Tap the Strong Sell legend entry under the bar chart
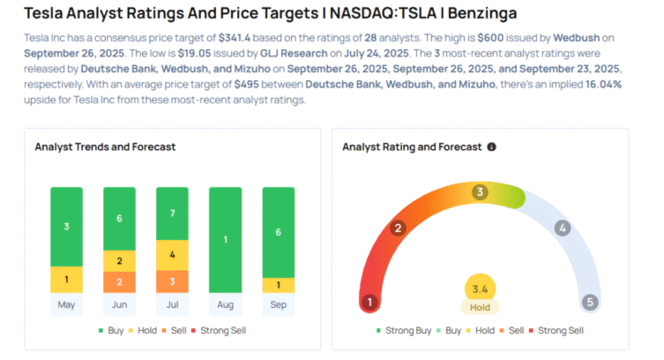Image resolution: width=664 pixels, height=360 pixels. pos(222,330)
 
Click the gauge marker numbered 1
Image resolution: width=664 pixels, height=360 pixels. pos(370,302)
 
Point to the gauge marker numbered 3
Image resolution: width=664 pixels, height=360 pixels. pos(480,191)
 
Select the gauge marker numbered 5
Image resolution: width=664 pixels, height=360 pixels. pos(590,302)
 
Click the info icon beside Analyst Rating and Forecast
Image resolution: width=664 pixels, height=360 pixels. pos(491,147)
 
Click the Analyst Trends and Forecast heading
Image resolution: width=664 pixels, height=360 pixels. pos(105,147)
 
